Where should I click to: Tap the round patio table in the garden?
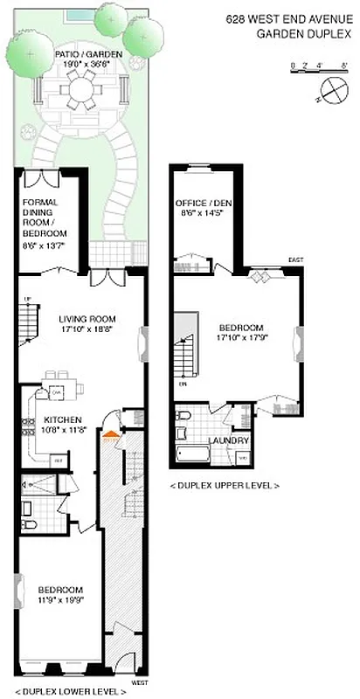tap(85, 89)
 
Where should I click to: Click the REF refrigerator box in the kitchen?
tap(59, 458)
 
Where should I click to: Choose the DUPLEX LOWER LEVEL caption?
tap(70, 691)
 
